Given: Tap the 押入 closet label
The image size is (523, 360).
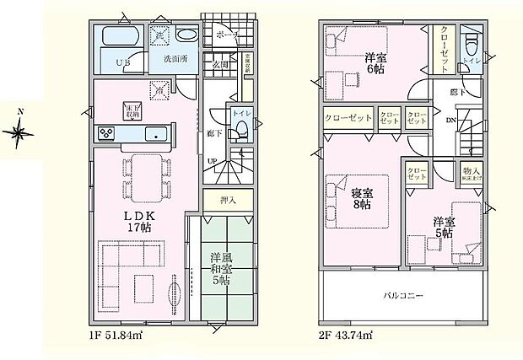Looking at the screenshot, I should (228, 201).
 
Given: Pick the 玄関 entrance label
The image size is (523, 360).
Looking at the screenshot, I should (221, 62).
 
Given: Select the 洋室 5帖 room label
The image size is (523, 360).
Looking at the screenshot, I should (444, 228).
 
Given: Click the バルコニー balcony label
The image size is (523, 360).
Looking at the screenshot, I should (402, 296).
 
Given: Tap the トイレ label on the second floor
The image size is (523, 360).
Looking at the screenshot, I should (472, 62).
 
